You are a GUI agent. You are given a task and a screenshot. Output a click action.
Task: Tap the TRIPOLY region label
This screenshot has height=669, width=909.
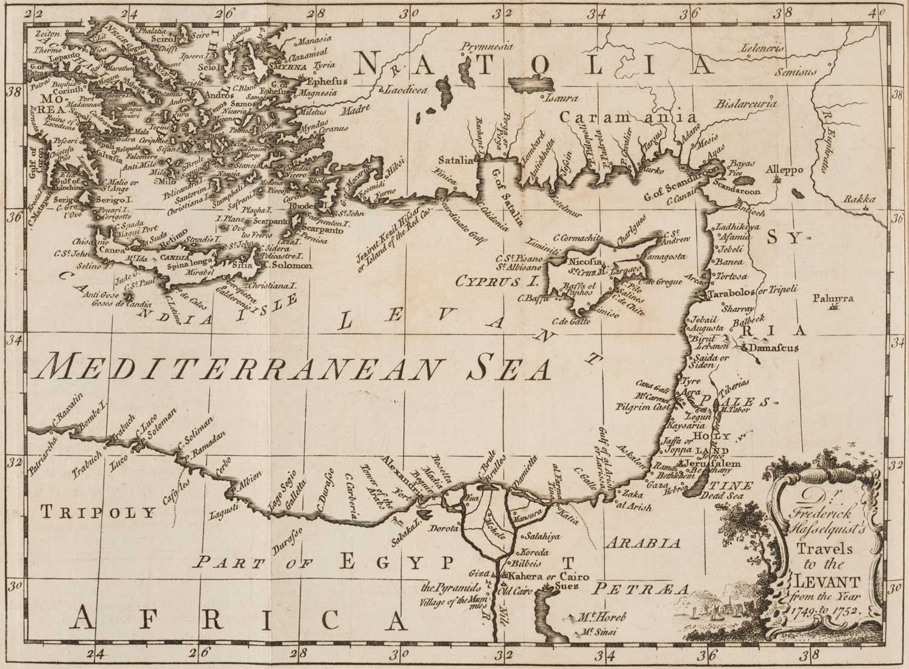(x=99, y=513)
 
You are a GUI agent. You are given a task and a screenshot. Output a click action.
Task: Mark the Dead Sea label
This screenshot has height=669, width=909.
(x=731, y=496)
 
